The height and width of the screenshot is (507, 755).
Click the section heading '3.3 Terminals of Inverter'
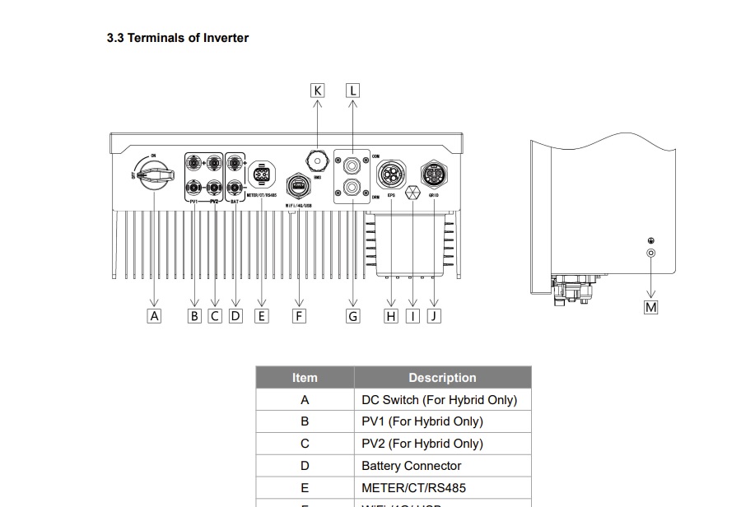177,38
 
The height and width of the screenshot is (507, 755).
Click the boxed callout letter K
318,91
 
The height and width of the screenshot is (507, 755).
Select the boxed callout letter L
352,91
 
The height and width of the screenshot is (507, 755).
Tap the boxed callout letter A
154,315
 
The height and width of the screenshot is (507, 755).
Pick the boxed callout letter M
651,307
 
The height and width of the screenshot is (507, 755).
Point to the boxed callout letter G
352,315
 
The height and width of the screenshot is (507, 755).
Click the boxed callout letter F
298,315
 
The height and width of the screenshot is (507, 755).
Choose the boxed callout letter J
434,315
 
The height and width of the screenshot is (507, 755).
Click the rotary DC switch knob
155,174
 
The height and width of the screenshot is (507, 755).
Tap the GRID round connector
434,174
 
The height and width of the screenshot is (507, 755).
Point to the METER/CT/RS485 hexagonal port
262,174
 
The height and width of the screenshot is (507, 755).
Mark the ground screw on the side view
651,253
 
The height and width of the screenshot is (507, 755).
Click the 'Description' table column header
442,378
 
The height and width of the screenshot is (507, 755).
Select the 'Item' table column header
305,378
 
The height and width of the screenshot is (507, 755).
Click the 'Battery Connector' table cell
411,466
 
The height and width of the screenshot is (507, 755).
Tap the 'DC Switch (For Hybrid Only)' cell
439,400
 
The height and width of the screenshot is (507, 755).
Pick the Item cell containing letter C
305,444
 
